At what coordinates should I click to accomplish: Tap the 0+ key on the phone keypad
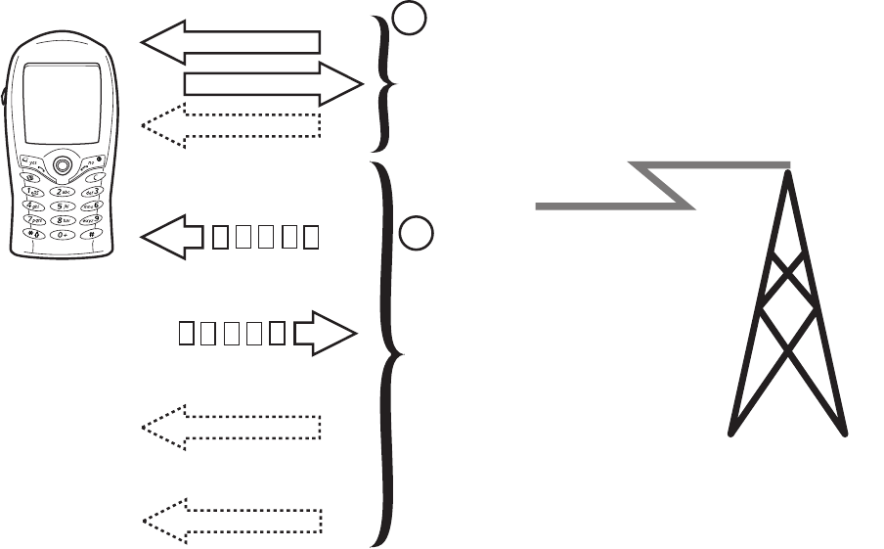64,235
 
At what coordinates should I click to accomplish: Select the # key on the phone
91,234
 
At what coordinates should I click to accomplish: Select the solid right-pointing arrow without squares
273,84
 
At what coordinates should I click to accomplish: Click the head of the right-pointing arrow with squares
329,334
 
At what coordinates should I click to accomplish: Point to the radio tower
788,313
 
